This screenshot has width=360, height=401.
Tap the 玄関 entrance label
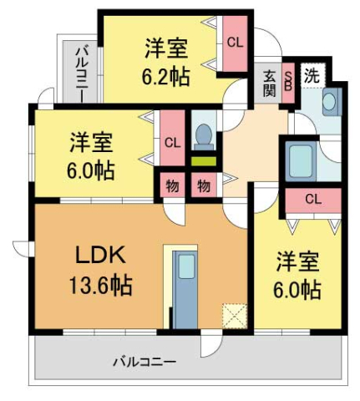pyautogui.click(x=270, y=83)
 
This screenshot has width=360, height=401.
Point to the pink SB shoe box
pyautogui.click(x=288, y=83)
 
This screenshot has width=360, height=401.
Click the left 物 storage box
pyautogui.click(x=170, y=184)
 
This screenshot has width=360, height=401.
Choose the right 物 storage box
pyautogui.click(x=203, y=184)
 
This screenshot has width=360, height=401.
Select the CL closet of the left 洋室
pyautogui.click(x=172, y=141)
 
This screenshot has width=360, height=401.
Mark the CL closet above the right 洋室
pyautogui.click(x=312, y=199)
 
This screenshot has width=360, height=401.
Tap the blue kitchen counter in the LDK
pyautogui.click(x=183, y=288)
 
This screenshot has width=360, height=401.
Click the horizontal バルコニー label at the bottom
pyautogui.click(x=145, y=363)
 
